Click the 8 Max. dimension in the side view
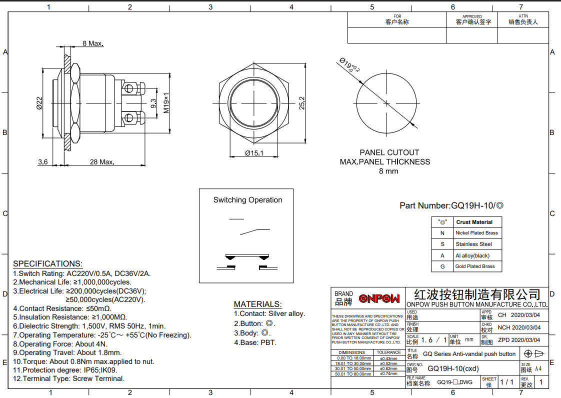tap(92, 43)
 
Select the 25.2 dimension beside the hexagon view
tap(301, 103)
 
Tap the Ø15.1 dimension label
tap(254, 153)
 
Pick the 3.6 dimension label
tap(43, 162)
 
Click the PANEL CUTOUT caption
tap(389, 152)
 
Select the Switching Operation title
tap(247, 200)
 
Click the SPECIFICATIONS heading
tap(47, 263)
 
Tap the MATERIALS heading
tap(257, 304)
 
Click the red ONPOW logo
tap(380, 298)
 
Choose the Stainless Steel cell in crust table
tap(473, 244)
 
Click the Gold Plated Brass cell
tap(474, 266)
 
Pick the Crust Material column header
tap(474, 222)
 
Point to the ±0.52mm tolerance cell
tap(388, 363)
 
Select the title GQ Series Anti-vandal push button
tap(468, 354)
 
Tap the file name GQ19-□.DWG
tap(454, 382)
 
